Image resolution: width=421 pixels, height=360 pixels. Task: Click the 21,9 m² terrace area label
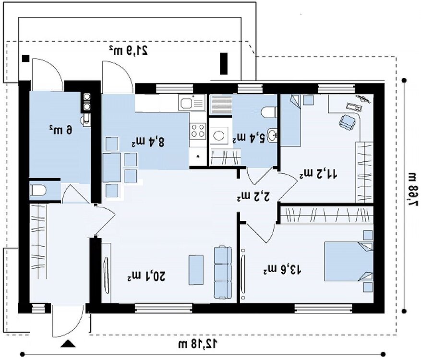(x=129, y=50)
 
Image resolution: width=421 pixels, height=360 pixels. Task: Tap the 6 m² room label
(x=61, y=130)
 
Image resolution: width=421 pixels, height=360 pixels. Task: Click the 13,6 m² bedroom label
(x=282, y=269)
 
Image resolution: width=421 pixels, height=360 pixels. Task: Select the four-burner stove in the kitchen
(x=198, y=131)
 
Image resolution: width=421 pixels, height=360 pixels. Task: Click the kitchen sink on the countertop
(x=192, y=103)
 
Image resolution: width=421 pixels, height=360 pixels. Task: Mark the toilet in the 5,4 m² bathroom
(x=269, y=112)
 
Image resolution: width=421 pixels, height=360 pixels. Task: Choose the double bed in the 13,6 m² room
(x=349, y=261)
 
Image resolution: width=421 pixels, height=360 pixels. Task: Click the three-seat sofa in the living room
(x=223, y=272)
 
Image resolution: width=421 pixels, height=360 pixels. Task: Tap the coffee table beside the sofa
(x=196, y=270)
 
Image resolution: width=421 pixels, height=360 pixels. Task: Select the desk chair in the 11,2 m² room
(x=347, y=121)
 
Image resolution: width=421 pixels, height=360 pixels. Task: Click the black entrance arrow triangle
(x=67, y=344)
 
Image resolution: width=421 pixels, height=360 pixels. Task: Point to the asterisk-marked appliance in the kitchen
(x=198, y=156)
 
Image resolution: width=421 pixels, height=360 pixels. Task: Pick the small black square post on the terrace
(x=25, y=58)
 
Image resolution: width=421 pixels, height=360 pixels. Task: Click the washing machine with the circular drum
(x=218, y=135)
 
